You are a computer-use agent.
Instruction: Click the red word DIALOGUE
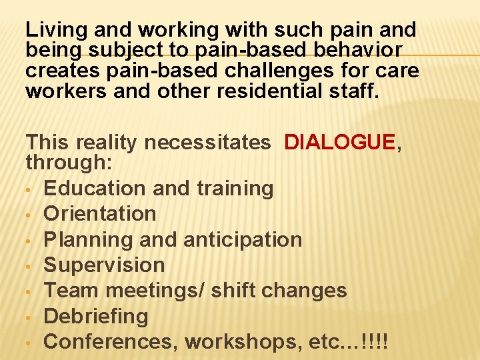tap(339, 142)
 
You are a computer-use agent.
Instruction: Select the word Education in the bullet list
tap(95, 189)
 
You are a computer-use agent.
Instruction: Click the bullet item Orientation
tap(100, 214)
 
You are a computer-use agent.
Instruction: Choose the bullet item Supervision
tap(104, 265)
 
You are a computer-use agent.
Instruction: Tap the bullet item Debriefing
tap(96, 316)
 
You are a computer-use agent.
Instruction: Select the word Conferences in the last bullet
tap(111, 341)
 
